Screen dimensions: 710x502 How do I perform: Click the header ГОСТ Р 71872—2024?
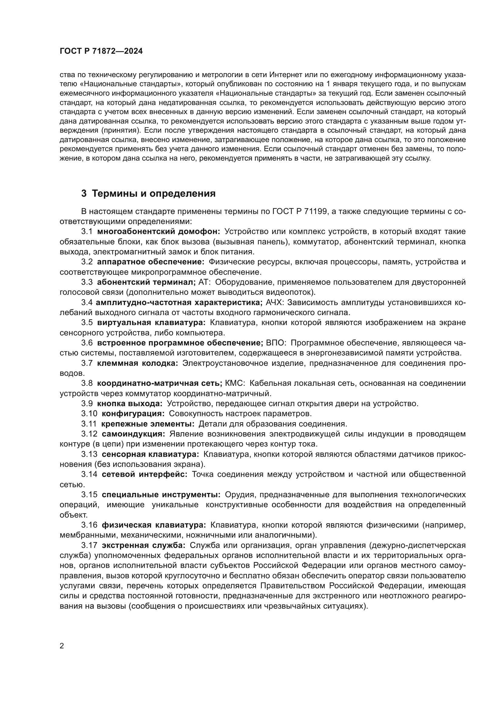101,51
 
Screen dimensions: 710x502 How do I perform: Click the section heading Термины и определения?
148,194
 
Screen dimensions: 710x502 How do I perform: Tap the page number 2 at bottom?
62,646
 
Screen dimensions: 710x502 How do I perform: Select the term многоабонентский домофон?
158,232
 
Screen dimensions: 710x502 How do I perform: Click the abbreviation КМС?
235,383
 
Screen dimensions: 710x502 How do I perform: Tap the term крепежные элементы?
148,424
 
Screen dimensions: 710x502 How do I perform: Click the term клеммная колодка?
137,363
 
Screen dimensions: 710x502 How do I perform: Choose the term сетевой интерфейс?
144,474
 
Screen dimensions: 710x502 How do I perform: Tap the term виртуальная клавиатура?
151,323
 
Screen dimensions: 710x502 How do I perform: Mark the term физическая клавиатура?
154,525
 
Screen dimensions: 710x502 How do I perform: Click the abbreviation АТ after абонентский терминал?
204,282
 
